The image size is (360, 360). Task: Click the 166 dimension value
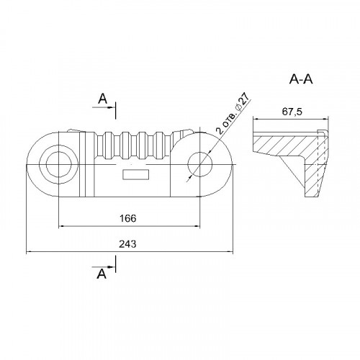pyautogui.click(x=128, y=218)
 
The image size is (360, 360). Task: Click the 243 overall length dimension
pyautogui.click(x=127, y=244)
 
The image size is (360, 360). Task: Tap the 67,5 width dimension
pyautogui.click(x=292, y=112)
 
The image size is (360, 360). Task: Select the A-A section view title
pyautogui.click(x=301, y=79)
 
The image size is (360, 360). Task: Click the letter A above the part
pyautogui.click(x=103, y=99)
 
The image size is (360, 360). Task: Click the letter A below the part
pyautogui.click(x=102, y=274)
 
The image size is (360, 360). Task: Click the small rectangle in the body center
pyautogui.click(x=136, y=174)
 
